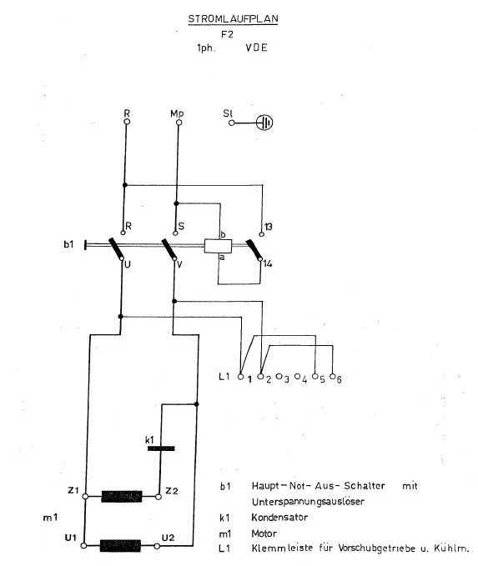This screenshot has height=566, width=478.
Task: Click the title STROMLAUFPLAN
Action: point(233,19)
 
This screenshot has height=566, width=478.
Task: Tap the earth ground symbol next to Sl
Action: point(264,123)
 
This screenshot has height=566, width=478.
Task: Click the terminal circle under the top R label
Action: point(127,122)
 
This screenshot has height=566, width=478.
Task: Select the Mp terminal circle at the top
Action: point(179,123)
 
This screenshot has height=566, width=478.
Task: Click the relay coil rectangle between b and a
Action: point(218,246)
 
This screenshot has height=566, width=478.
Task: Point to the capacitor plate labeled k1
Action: point(161,448)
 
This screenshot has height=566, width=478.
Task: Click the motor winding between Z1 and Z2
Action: point(122,497)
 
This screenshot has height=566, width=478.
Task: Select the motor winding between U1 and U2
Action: point(120,546)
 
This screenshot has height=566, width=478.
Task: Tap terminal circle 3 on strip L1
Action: point(279,376)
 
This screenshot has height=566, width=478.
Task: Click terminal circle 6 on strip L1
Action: point(333,377)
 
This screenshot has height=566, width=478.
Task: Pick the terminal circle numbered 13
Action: point(262,234)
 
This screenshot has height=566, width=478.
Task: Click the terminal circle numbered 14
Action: point(259,258)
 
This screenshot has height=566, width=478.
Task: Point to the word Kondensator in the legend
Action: point(279,518)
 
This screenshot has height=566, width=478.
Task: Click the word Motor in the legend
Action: point(264,533)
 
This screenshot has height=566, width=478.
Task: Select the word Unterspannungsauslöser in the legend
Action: point(308,502)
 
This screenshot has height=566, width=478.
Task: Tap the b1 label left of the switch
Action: point(68,244)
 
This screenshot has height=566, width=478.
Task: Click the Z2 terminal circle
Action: point(158,497)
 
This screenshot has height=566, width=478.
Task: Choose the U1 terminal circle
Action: point(83,546)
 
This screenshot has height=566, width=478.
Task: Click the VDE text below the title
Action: point(257,48)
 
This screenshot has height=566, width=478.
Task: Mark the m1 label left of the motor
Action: point(50,518)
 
